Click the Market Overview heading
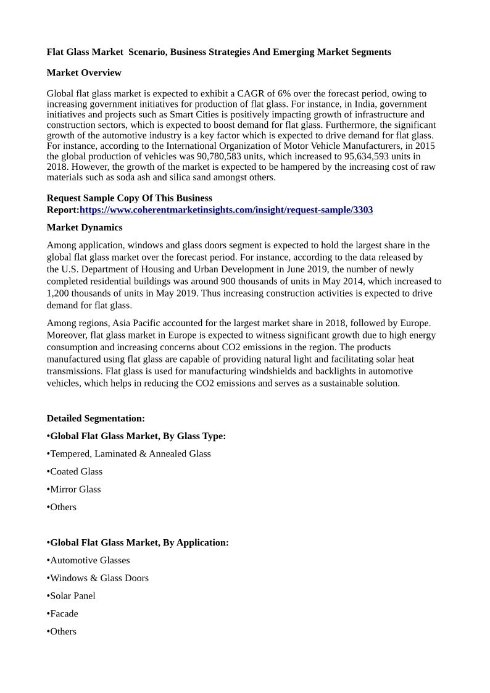coord(84,73)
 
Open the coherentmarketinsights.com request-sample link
coord(226,210)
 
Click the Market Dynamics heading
coord(85,227)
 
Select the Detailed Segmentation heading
coord(96,418)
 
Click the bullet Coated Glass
coord(76,471)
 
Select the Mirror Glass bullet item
coord(75,489)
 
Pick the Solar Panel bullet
coord(73,596)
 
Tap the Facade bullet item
coord(64,614)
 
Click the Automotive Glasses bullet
coord(90,560)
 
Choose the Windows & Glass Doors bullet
coord(99,578)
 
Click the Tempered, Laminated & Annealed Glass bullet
coord(130,454)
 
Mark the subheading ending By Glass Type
coord(138,436)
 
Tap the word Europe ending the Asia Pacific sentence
coord(415,323)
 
